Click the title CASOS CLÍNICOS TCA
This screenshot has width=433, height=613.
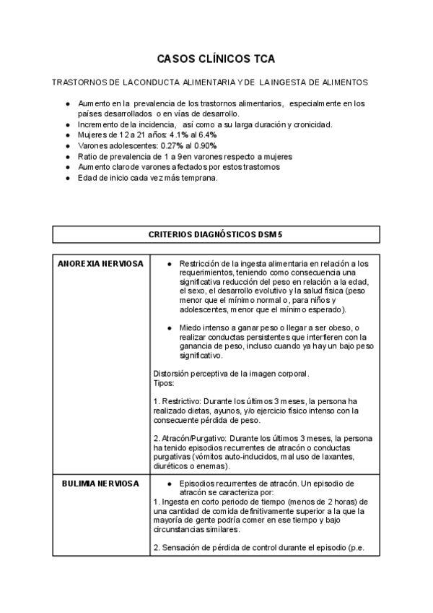pos(216,59)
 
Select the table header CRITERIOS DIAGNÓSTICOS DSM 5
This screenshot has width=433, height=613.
pos(216,234)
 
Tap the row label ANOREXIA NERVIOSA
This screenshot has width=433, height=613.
pos(101,264)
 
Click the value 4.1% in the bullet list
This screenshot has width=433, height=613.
pos(180,135)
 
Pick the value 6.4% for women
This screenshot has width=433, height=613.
pos(207,135)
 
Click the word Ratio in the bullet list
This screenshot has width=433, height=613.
pos(89,156)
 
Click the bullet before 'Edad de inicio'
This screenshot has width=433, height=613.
pos(67,178)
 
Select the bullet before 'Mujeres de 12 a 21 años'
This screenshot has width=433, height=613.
pos(67,135)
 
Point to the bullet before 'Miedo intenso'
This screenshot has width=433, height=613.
pos(168,327)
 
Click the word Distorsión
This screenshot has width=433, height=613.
pos(173,374)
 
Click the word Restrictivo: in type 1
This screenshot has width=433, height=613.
pos(180,400)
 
